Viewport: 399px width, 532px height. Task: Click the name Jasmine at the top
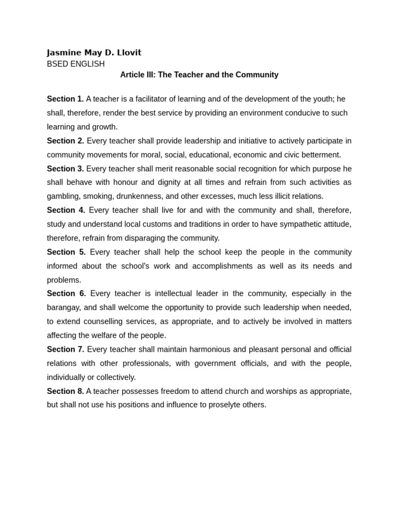coord(64,52)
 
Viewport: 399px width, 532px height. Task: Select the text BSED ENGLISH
coord(75,64)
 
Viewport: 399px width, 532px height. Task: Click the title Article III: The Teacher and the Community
coord(199,75)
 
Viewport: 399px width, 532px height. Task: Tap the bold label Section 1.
coord(65,99)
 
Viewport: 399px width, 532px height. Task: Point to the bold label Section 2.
coord(65,141)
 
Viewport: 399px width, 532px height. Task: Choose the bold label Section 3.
coord(65,169)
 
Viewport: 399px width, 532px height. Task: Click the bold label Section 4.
coord(66,210)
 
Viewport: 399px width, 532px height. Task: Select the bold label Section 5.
coord(66,252)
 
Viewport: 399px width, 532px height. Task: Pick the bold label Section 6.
coord(66,294)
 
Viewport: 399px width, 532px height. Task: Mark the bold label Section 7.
coord(65,349)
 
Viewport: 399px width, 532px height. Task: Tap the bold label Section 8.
coord(65,391)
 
